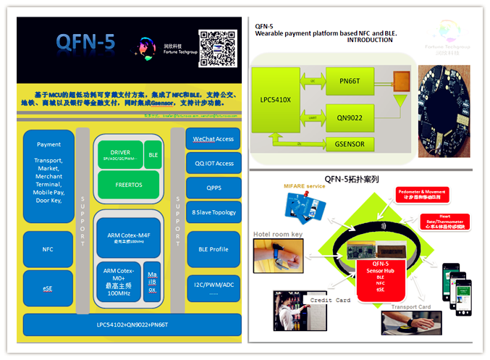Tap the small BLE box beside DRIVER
(153, 154)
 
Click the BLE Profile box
(213, 248)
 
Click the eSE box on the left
(48, 288)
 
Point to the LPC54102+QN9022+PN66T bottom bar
(131, 325)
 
